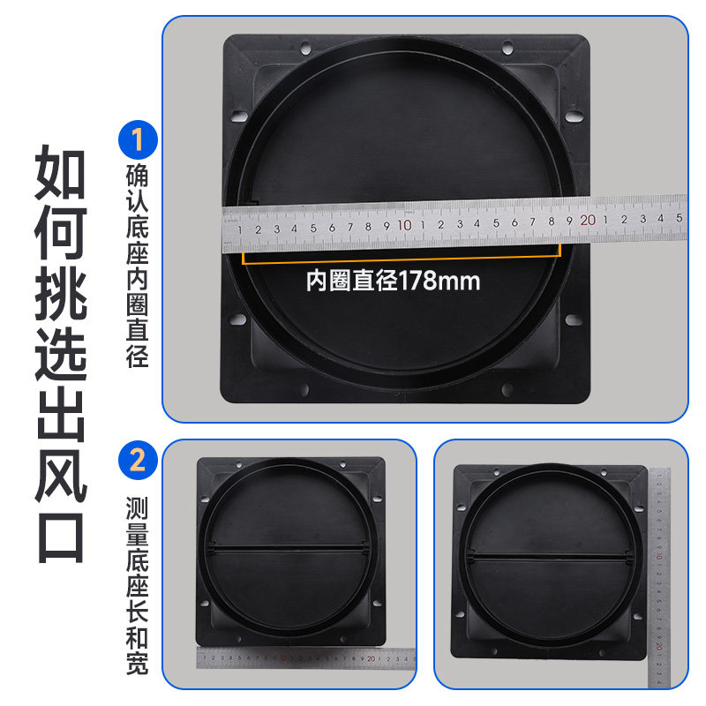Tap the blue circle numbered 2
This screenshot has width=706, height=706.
[138, 461]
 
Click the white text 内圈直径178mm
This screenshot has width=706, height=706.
[393, 282]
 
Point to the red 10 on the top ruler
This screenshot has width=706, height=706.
[405, 224]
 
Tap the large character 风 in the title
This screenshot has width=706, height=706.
[61, 474]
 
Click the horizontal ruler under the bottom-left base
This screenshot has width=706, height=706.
[304, 657]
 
